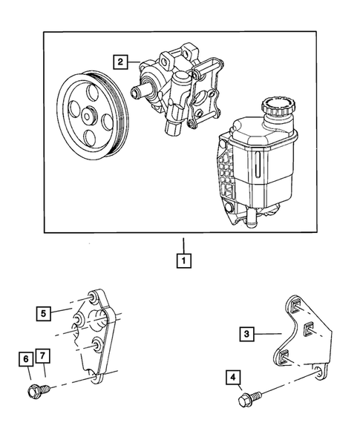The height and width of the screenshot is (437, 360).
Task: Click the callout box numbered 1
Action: pyautogui.click(x=180, y=260)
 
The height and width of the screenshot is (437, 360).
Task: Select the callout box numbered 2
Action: pyautogui.click(x=120, y=62)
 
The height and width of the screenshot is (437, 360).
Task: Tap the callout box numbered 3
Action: pyautogui.click(x=246, y=334)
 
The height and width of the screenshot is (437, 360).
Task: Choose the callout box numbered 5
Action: pyautogui.click(x=46, y=312)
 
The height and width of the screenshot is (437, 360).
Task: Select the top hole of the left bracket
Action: pyautogui.click(x=93, y=298)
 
